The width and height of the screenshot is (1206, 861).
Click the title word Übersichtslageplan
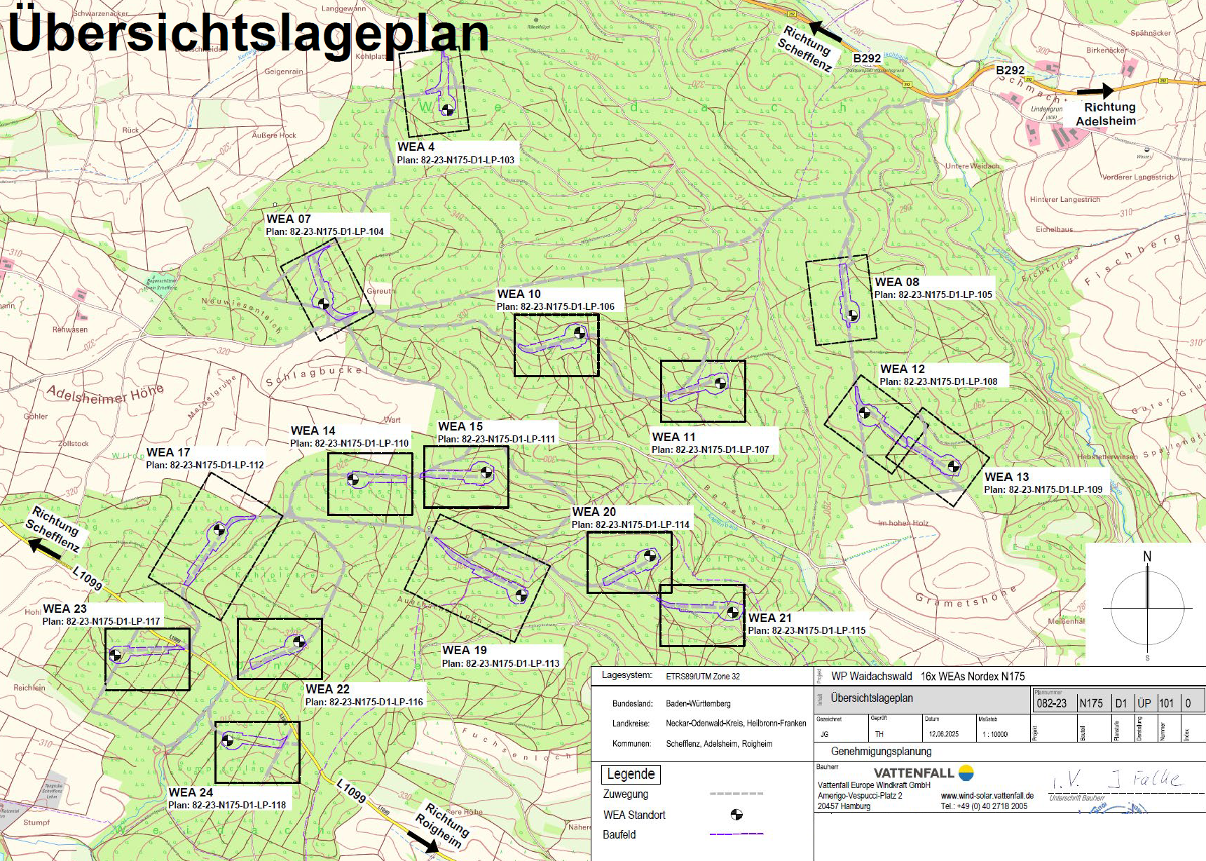click(x=247, y=33)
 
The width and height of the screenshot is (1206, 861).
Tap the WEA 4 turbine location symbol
click(x=446, y=109)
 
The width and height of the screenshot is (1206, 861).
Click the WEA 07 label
click(x=288, y=219)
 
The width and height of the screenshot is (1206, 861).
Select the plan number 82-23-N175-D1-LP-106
click(x=555, y=306)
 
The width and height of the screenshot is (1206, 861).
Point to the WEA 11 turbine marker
click(x=720, y=383)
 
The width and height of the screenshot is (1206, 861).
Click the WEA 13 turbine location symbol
click(x=953, y=466)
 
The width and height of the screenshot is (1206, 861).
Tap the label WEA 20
click(x=594, y=512)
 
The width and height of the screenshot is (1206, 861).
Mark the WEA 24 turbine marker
click(x=227, y=740)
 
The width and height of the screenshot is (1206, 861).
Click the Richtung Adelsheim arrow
click(x=1095, y=90)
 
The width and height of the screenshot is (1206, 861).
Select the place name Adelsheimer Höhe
click(x=105, y=395)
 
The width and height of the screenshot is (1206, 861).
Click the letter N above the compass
click(x=1147, y=556)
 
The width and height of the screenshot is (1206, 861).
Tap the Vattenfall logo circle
click(x=966, y=773)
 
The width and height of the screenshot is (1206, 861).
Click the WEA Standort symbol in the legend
click(x=736, y=814)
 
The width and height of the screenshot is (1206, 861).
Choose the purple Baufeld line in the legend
click(x=736, y=834)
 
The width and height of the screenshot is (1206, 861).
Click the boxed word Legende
click(x=631, y=774)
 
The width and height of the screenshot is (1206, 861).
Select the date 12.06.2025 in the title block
click(x=943, y=734)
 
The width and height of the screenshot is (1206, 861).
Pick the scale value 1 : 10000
click(x=995, y=734)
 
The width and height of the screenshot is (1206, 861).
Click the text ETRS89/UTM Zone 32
click(x=702, y=677)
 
